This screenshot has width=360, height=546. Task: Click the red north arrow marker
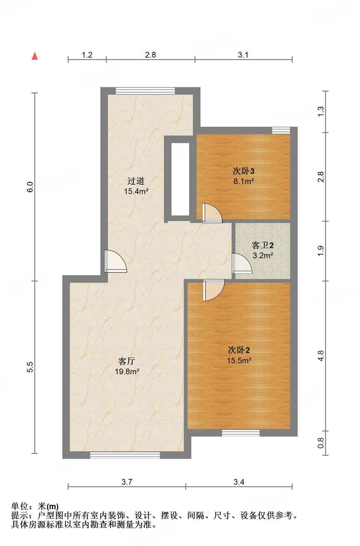[35, 56]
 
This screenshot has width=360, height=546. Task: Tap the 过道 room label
[136, 181]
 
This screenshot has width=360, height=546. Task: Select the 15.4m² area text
[136, 191]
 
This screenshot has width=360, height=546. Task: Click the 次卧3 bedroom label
[243, 171]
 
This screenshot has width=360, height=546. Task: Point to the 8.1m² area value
[243, 181]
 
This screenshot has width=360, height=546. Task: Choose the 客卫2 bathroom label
[262, 245]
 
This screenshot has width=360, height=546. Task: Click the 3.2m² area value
[262, 255]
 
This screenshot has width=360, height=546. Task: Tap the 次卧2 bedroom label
[239, 350]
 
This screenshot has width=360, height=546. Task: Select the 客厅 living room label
[127, 361]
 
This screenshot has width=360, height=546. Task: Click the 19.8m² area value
[127, 371]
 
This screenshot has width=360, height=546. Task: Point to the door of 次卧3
[211, 214]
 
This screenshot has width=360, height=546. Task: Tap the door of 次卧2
[213, 290]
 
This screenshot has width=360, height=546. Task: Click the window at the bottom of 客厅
[125, 455]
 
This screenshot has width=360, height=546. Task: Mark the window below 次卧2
[241, 433]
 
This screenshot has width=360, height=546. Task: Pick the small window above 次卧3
[281, 130]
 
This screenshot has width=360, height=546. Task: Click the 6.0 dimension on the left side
[30, 187]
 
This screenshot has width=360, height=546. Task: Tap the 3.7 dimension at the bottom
[127, 482]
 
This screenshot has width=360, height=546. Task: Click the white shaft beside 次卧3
[180, 179]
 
